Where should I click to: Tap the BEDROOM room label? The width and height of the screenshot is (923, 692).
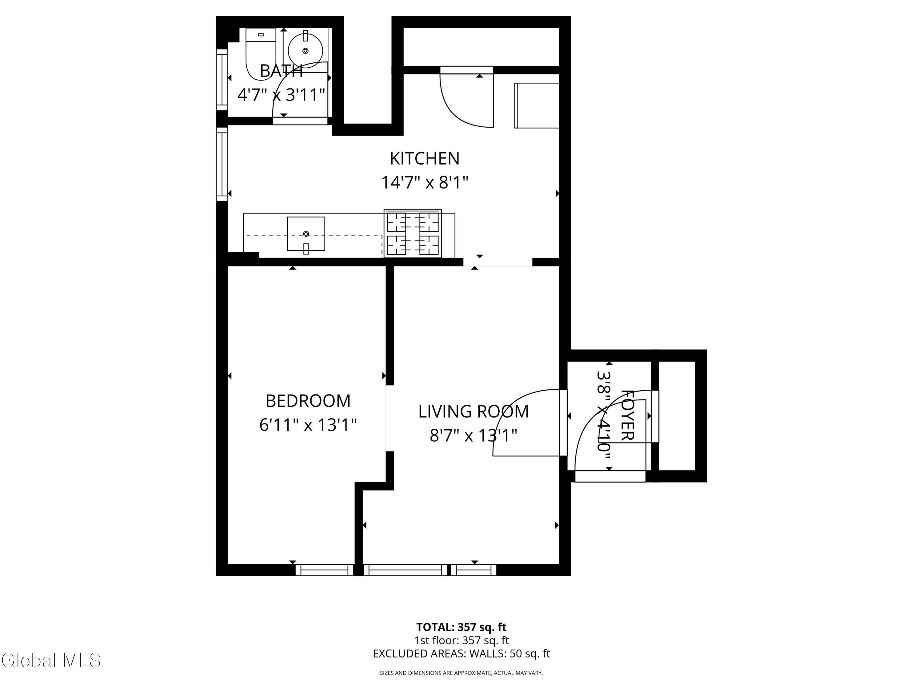coord(308,401)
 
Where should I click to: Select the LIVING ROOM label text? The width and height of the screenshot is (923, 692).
coord(473,412)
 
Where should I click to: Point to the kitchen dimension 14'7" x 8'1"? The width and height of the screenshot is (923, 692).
coord(425,183)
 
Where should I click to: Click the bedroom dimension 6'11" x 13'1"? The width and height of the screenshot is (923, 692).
coord(308,425)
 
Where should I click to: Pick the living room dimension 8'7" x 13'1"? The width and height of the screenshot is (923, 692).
coord(473,436)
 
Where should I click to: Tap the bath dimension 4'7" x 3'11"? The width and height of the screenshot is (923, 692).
coord(281,95)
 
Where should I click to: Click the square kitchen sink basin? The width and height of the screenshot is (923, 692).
coord(306,234)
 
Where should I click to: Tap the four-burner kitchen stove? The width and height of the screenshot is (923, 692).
coord(413,233)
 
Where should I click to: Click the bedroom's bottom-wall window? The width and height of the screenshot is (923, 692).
coord(324,570)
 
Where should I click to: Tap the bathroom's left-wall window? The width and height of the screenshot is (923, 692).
coord(222,80)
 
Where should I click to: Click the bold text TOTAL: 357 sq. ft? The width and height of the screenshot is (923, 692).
coord(461,627)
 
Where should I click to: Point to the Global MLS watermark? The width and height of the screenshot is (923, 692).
coord(51,660)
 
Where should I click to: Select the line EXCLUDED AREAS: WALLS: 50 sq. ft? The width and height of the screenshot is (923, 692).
coord(461,654)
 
